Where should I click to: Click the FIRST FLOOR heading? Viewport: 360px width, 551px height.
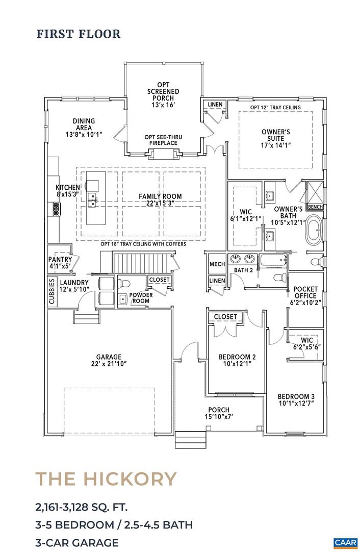(x=78, y=34)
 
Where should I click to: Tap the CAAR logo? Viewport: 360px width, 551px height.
(x=345, y=542)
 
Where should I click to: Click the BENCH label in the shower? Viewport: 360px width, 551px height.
(x=315, y=207)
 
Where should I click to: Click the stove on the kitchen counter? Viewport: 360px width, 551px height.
(x=55, y=208)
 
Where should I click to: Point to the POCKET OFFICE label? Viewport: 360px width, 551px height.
(x=305, y=292)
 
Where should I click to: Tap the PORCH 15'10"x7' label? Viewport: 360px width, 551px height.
(x=218, y=413)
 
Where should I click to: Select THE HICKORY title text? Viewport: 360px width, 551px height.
(x=106, y=479)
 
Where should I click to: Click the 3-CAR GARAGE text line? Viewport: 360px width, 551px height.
(x=77, y=542)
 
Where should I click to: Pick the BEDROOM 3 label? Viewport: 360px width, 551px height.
(x=296, y=400)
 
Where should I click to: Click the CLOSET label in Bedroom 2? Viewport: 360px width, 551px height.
(x=225, y=317)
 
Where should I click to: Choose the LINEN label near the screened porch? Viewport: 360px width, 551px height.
(x=215, y=105)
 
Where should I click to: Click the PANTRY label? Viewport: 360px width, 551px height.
(x=60, y=262)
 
